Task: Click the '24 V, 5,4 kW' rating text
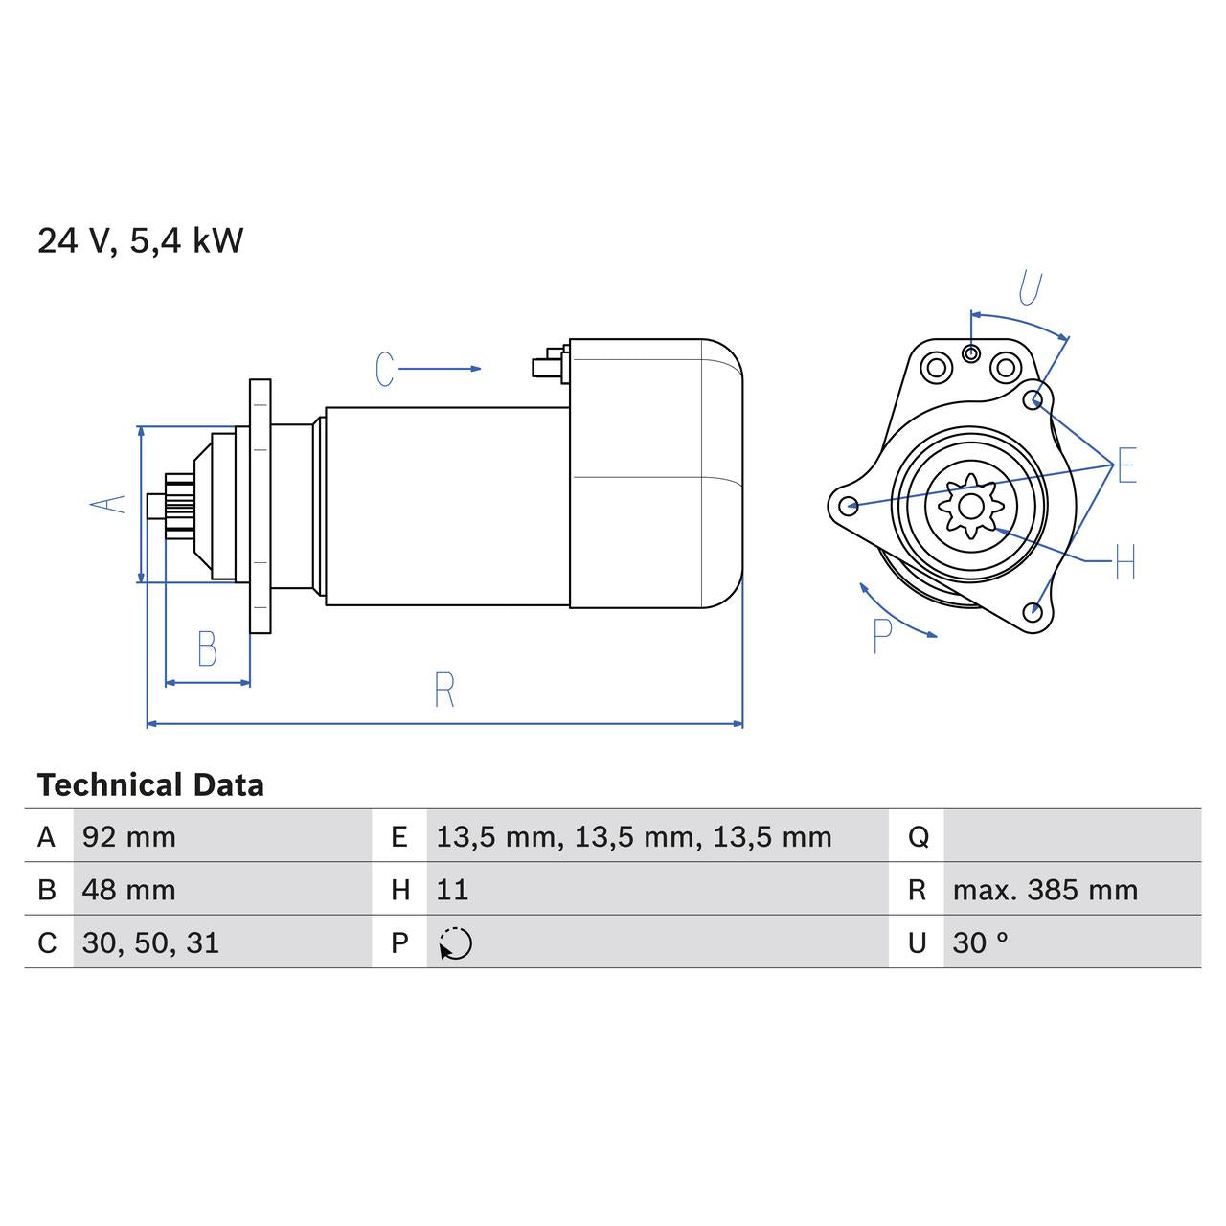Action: pos(140,240)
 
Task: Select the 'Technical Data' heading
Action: pos(150,785)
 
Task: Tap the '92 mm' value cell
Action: pos(129,837)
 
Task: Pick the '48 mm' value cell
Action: pos(129,890)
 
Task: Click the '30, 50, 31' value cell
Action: pos(150,943)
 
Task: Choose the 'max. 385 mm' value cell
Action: pos(1045,890)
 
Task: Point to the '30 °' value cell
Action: pos(980,943)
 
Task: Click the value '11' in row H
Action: pos(452,890)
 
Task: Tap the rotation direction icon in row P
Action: pos(456,943)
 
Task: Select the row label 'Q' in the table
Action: pos(918,837)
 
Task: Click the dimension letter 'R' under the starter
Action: pos(443,690)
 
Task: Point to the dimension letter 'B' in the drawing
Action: pos(207,649)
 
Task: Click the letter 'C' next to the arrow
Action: pos(385,369)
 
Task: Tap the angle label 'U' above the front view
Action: pos(1030,287)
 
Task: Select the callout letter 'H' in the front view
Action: pos(1124,562)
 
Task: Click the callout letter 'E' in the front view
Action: pos(1126,465)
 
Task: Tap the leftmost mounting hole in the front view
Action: pos(847,505)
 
